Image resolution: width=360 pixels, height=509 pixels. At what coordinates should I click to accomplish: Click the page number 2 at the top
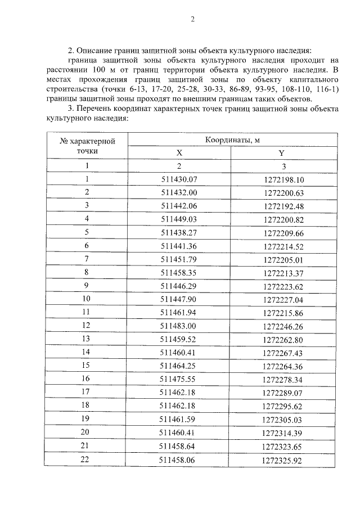(x=192, y=20)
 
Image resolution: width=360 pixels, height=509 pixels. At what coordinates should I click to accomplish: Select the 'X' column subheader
(x=179, y=152)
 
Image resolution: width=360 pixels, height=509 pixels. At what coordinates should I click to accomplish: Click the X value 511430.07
(x=179, y=179)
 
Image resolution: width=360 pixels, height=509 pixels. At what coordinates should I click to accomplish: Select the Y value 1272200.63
(x=282, y=192)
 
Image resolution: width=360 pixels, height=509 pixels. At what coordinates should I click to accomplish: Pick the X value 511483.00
(x=179, y=326)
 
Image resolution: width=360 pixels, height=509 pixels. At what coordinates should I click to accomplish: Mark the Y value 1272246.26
(x=282, y=326)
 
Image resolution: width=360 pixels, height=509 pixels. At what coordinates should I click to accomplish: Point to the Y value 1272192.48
(x=282, y=206)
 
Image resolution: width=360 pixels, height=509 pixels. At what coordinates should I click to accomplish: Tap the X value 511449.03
(x=179, y=219)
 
